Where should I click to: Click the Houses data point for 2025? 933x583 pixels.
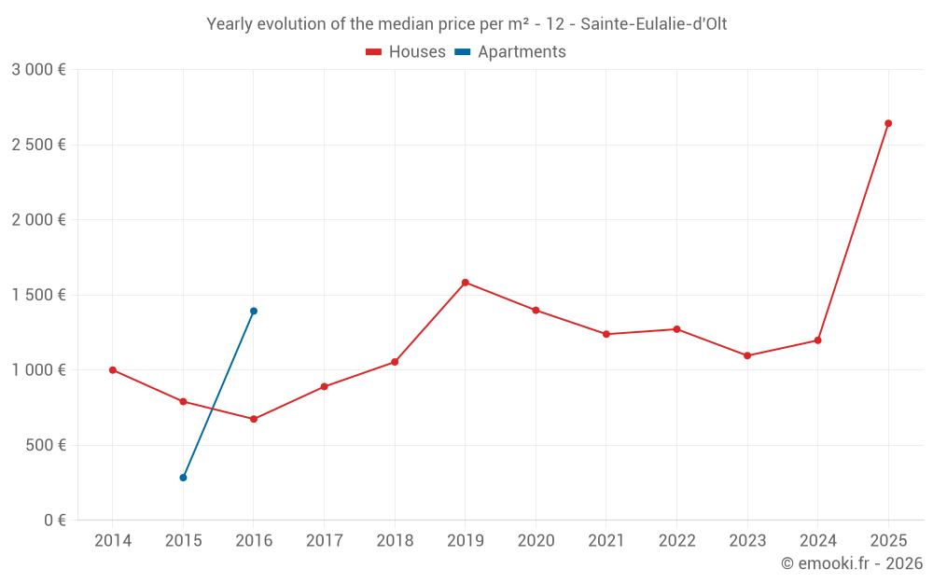click(888, 123)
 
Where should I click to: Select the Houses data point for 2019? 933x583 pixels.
click(465, 283)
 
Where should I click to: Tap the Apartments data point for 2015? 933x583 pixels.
click(183, 478)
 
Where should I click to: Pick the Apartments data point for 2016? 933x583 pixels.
click(254, 312)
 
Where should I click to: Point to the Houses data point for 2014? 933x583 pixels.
click(113, 370)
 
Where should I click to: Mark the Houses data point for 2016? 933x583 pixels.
click(254, 419)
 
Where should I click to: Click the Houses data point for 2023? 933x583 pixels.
click(747, 355)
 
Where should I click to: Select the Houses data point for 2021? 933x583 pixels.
click(606, 334)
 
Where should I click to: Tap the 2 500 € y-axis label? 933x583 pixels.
click(38, 145)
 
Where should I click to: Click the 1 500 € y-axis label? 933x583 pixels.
click(38, 295)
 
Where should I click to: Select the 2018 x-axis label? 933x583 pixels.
click(395, 541)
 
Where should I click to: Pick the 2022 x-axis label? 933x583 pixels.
click(676, 541)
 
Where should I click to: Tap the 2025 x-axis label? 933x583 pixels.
click(888, 541)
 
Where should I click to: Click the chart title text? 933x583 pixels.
click(466, 24)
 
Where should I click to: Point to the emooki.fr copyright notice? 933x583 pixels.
click(851, 563)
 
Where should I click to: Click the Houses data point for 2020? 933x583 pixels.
click(536, 311)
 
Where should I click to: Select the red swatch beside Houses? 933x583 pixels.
click(374, 52)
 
